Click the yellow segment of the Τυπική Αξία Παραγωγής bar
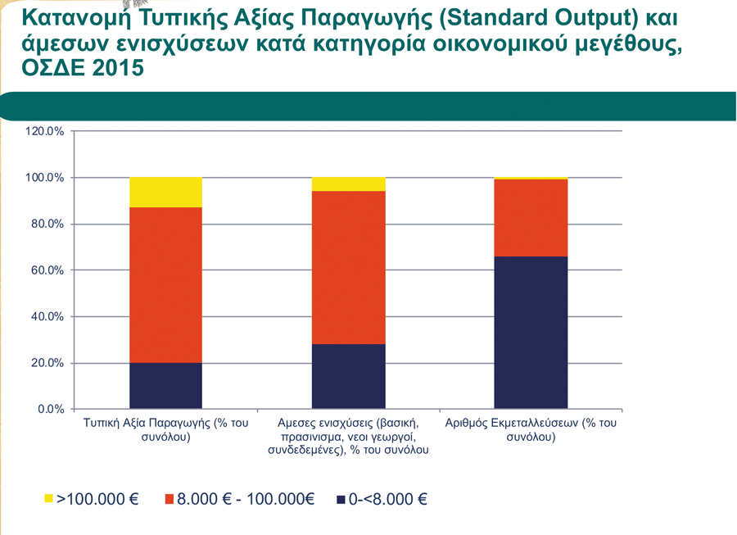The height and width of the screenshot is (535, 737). point(165,192)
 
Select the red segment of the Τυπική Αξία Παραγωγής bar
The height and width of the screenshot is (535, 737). point(165,285)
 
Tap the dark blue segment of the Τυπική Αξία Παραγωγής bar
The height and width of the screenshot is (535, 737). point(165,385)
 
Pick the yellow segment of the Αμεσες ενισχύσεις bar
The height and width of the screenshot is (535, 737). point(348,184)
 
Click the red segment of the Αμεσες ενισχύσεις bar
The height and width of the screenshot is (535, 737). point(348,267)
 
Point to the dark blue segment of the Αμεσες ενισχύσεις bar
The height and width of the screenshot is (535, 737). point(348,376)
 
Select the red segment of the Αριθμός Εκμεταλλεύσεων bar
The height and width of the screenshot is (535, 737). point(531,218)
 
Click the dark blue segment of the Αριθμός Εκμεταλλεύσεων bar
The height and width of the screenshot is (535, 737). point(531,332)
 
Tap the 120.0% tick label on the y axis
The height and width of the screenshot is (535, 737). point(44,131)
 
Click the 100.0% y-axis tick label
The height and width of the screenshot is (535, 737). point(44,178)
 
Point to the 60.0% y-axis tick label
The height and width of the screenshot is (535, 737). point(47,270)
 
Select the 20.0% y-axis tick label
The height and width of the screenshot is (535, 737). point(47,363)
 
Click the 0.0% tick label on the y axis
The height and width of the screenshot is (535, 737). point(50,409)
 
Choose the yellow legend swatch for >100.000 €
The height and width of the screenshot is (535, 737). point(47,498)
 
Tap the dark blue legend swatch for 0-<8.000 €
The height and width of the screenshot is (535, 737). point(340,498)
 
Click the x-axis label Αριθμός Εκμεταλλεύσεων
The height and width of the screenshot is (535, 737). point(531,430)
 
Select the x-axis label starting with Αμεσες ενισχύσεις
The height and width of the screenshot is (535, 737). point(348,437)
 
